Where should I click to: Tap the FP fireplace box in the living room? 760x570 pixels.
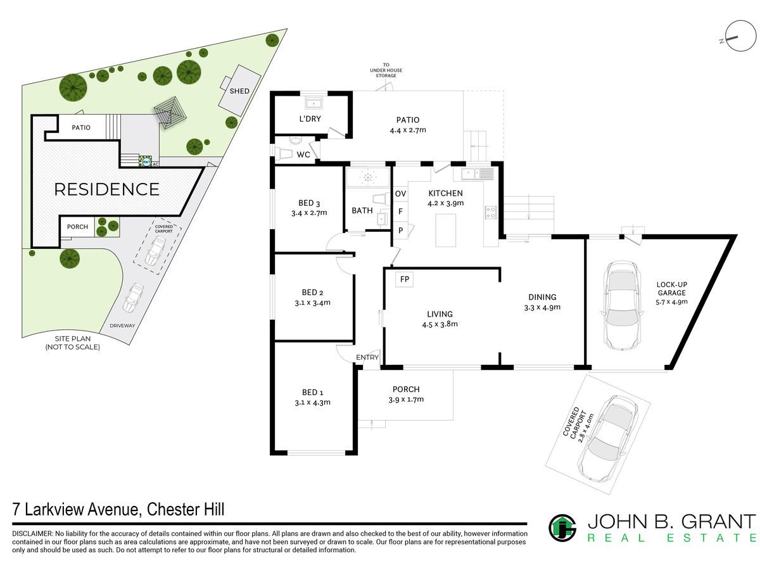pos(405,279)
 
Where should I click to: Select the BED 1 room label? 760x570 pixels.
pos(312,392)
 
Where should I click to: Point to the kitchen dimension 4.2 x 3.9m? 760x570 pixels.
pos(445,203)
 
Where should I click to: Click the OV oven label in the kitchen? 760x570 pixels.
pos(401,194)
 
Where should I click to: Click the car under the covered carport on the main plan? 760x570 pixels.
pos(607,439)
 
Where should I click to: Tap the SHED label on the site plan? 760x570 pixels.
pos(239,91)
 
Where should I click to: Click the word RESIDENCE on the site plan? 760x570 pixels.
pos(106,189)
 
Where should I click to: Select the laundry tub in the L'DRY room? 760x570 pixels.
pos(313,103)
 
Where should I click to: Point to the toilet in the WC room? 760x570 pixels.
pos(283,153)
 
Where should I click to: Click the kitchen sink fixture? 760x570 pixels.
pos(477,174)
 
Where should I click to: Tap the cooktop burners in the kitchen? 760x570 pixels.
pos(491,213)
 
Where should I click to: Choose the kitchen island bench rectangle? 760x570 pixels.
pos(445,231)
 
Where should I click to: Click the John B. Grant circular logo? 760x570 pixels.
pos(562,528)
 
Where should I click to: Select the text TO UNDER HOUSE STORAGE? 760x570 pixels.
pos(386,70)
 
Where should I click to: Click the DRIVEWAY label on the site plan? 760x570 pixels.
pos(122,326)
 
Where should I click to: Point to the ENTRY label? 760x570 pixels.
pos(367,357)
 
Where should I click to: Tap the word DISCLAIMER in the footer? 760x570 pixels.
pos(32,534)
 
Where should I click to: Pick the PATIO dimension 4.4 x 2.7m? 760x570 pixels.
pos(408,130)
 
